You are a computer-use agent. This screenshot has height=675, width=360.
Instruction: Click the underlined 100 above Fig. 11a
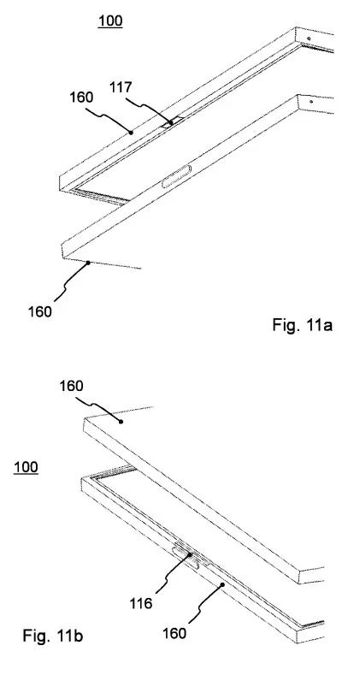110,21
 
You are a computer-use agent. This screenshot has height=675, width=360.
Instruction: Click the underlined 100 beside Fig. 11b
26,467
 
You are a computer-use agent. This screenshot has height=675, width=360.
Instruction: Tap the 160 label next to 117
81,98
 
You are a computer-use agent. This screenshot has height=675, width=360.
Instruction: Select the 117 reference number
120,87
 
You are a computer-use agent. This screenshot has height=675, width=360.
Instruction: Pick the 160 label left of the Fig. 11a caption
39,311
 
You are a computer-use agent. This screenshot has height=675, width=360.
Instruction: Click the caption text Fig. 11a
303,324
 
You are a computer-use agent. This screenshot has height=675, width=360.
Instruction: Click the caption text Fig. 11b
53,636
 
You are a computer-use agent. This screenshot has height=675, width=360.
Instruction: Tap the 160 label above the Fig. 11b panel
71,386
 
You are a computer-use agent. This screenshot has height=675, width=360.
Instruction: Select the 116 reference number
141,603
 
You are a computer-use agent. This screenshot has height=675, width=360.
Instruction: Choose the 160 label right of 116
174,633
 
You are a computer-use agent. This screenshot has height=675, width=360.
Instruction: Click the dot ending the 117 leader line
171,122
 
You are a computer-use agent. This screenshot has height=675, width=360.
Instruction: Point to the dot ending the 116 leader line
190,555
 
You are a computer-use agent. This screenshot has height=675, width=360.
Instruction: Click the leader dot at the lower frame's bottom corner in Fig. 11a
89,262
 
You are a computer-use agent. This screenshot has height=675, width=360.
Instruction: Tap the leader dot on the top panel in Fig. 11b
121,422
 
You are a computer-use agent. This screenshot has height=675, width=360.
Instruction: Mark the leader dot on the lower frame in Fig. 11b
222,584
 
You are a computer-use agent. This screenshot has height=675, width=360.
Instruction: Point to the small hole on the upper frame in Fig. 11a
309,38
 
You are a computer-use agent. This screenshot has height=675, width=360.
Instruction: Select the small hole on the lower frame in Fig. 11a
310,102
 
